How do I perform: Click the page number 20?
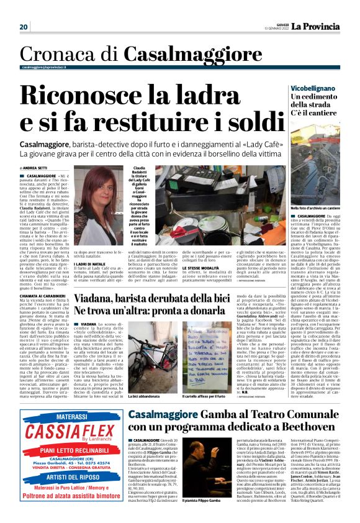[x=24, y=27]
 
